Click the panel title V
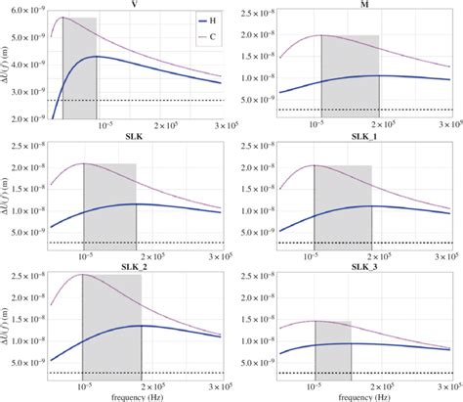tap(134, 4)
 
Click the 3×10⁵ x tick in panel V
tap(226, 125)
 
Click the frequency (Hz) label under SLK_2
tap(133, 396)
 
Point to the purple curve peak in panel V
tap(63, 18)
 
